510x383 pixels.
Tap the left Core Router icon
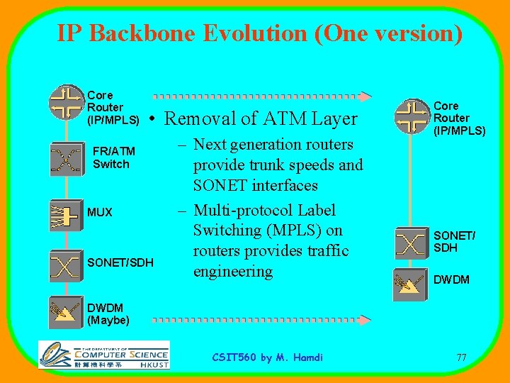tap(67, 104)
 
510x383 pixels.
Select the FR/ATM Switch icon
tap(66, 158)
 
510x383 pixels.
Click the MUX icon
tap(66, 212)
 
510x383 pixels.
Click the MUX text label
tap(100, 213)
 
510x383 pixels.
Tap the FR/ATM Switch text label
tap(113, 157)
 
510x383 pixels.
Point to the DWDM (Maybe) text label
tap(108, 314)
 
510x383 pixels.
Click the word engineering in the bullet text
tap(233, 272)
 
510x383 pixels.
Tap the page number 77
tap(461, 357)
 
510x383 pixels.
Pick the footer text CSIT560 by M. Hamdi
tap(268, 357)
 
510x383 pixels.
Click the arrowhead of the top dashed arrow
tap(365, 96)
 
